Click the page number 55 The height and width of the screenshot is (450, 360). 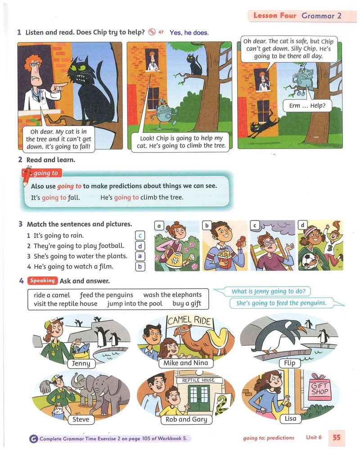337,437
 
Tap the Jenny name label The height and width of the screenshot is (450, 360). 81,363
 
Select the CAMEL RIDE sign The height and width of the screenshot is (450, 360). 189,320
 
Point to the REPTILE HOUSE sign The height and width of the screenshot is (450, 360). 198,380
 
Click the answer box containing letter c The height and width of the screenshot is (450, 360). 140,236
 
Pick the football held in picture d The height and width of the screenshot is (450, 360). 309,261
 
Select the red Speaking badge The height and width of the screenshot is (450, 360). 42,280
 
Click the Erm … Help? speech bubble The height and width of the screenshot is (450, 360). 307,106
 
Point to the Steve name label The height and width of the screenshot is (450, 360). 81,419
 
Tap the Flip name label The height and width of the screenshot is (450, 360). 289,363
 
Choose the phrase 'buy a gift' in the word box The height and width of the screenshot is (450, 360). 187,303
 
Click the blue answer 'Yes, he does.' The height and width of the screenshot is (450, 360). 189,33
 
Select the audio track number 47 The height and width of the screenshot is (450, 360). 161,32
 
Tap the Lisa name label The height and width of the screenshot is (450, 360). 290,418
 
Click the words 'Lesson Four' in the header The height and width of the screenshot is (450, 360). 275,15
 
